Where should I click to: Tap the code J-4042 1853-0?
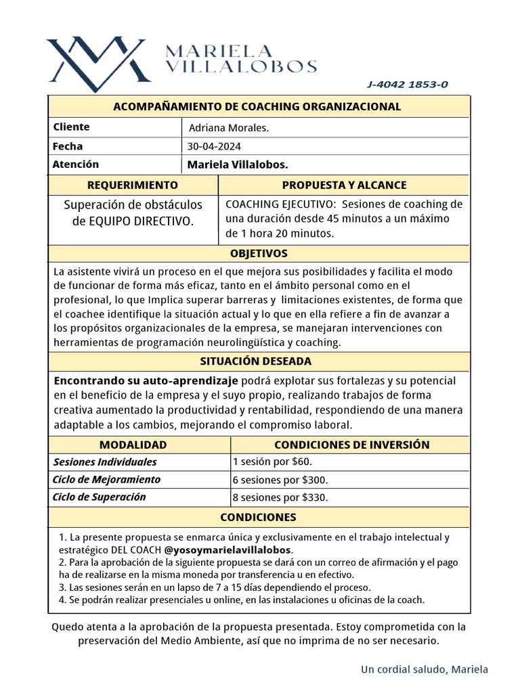pos(407,85)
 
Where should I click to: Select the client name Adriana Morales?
pos(229,128)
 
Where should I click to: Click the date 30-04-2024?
pos(215,146)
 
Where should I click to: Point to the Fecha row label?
pos(68,146)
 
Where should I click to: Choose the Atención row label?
pos(75,164)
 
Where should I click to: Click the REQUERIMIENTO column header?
pos(133,185)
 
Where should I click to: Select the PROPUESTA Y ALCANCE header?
pos(344,185)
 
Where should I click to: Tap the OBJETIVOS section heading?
pos(259,254)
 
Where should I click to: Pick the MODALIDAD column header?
pos(133,445)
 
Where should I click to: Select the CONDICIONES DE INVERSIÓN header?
pos(351,445)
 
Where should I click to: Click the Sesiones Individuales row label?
pos(105,462)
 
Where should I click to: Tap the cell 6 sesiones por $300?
pos(280,480)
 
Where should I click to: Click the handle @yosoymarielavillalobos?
pos(228,549)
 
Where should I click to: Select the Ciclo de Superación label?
pos(100,497)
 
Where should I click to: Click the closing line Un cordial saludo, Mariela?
pos(424,669)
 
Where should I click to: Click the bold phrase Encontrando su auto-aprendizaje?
pos(146,380)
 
